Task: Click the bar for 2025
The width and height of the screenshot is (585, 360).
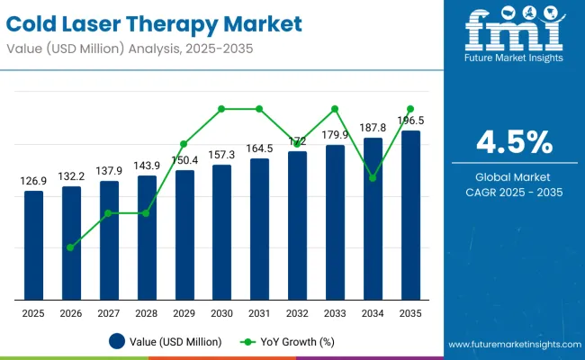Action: coord(33,245)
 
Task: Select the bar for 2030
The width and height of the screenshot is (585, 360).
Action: coord(221,232)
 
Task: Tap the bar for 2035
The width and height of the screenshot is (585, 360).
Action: coord(410,215)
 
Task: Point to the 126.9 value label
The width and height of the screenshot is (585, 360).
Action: coord(33,182)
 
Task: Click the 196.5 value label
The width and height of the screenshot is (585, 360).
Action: coord(410,120)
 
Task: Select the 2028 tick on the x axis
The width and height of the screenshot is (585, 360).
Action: coord(147,312)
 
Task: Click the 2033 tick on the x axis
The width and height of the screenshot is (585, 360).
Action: coord(335,312)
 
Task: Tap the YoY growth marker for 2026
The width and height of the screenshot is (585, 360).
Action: coord(71,247)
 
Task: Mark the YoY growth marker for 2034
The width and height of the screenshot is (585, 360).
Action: coord(373,178)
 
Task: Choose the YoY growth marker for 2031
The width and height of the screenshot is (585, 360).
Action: coord(259,109)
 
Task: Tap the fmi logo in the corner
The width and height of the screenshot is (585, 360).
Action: coord(515,34)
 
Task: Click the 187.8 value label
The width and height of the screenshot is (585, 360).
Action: coord(373,127)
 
